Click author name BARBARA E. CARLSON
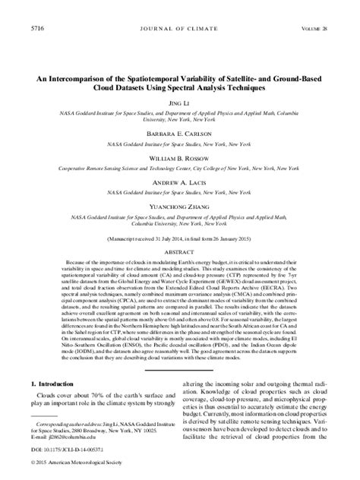point(180,131)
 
